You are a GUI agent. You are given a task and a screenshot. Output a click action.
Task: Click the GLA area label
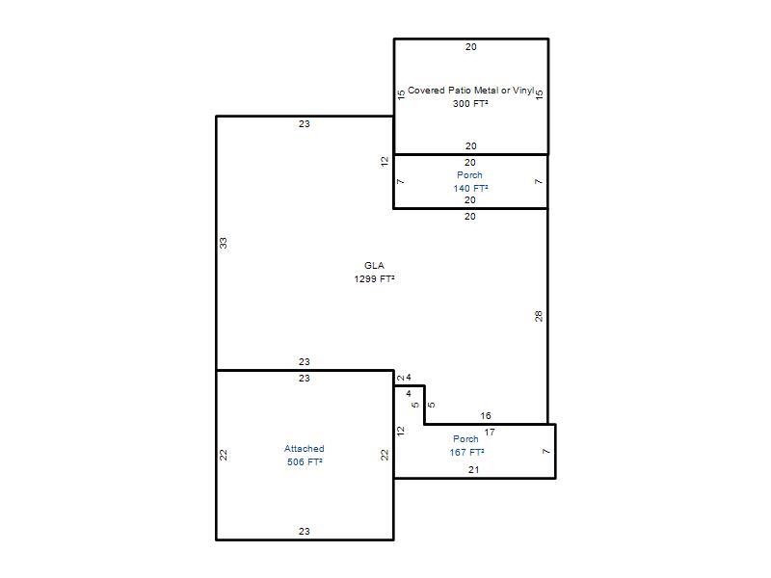(x=374, y=266)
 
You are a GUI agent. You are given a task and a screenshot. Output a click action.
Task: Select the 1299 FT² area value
(x=374, y=278)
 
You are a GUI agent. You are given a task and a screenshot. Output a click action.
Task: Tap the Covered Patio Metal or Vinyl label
(x=470, y=91)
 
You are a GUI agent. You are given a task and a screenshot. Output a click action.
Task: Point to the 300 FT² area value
(x=470, y=103)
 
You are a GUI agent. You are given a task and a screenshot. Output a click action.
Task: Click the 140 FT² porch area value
(x=470, y=188)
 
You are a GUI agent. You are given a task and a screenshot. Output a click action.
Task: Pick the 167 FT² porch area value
(x=466, y=452)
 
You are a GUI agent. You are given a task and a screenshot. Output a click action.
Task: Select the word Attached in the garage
(x=305, y=449)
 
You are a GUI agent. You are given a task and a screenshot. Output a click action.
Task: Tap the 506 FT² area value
(x=305, y=462)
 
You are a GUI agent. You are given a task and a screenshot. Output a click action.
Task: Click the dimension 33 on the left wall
(x=224, y=243)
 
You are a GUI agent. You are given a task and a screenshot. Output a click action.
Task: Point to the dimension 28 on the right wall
(x=539, y=316)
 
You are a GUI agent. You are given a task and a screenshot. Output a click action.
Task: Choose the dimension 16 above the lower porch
(x=486, y=416)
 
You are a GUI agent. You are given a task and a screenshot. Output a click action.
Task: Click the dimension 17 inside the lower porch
(x=490, y=432)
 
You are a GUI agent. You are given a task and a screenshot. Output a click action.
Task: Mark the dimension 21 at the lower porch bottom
(x=474, y=470)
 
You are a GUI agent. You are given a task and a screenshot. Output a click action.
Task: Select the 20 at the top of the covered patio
(x=471, y=47)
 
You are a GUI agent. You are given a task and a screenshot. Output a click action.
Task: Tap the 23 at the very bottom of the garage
(x=305, y=532)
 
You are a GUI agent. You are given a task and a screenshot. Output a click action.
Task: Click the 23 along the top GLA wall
(x=305, y=124)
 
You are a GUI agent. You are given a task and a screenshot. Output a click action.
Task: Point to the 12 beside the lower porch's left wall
(x=401, y=431)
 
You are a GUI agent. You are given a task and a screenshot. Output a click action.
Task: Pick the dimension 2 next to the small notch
(x=401, y=378)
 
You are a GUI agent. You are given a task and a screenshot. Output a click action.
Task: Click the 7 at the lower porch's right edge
(x=546, y=451)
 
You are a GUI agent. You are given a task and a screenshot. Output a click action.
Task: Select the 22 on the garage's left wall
(x=224, y=455)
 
